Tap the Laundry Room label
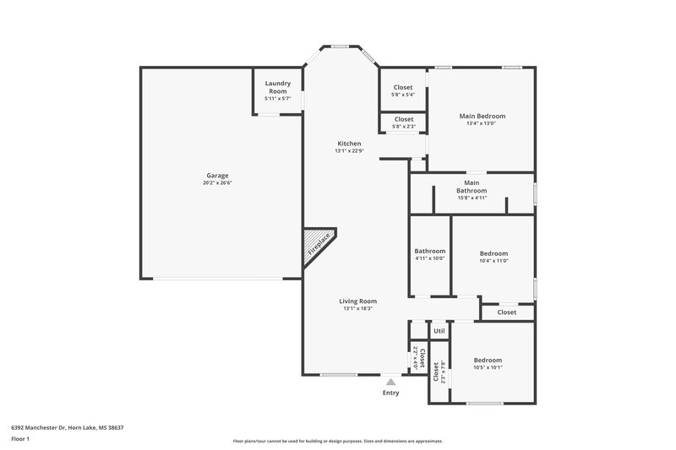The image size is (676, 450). coord(278,87)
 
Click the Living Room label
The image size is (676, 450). coord(358,301)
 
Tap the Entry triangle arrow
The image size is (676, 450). coord(390,382)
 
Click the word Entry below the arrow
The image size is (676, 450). coord(390,393)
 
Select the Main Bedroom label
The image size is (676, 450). coord(482,116)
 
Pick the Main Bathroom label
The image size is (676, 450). coord(472,187)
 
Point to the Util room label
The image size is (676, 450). coord(439,331)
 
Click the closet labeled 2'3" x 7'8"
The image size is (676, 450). coord(437,371)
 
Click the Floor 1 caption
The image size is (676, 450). coord(20,440)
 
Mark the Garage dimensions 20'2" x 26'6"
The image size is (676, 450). coord(217,183)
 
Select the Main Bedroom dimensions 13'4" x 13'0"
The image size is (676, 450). coord(482,124)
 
